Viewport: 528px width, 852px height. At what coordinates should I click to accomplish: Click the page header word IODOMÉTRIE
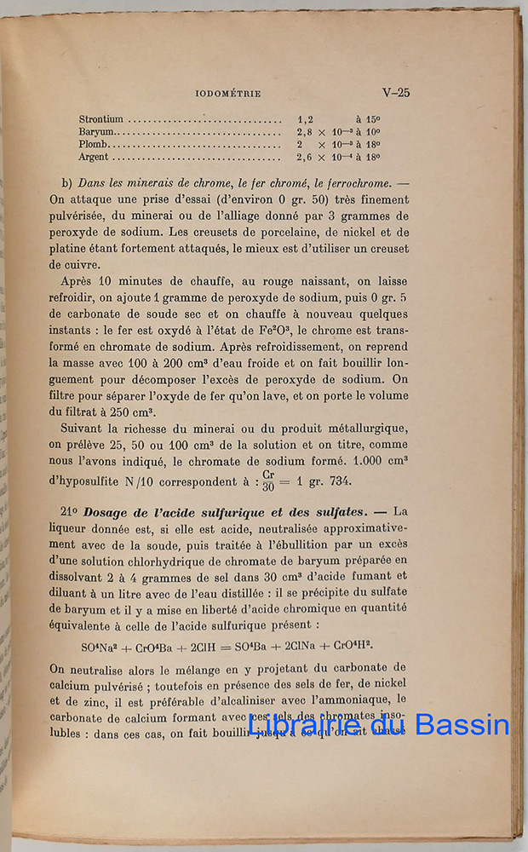[x=227, y=93]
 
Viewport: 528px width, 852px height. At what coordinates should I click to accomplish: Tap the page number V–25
[x=395, y=92]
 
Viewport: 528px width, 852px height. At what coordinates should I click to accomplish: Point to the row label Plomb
[x=94, y=145]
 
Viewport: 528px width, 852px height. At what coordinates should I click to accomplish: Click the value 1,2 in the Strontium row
[x=306, y=120]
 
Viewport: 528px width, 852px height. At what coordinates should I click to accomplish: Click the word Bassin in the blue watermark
[x=464, y=726]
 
